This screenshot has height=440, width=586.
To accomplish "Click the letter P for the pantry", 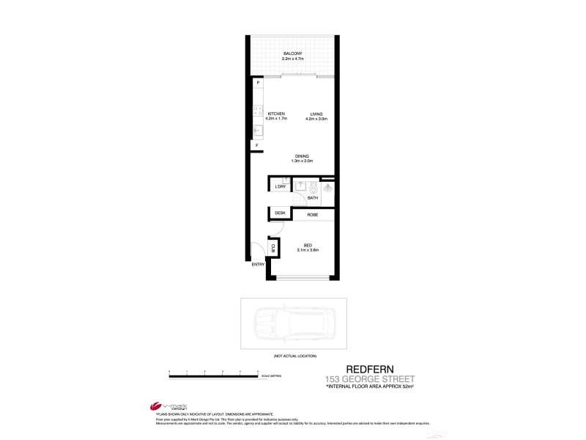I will tap(258, 83).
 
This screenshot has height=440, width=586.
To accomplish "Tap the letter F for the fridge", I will tap(257, 145).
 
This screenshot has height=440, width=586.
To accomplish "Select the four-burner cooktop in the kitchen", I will tap(257, 112).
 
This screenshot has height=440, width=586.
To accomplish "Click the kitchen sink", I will tap(257, 132).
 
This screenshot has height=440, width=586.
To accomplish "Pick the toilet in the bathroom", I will tap(314, 186).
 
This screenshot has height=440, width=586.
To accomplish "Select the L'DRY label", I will tap(280, 188).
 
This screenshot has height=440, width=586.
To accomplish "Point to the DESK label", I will tap(280, 213).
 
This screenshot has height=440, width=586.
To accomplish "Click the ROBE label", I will tap(312, 214).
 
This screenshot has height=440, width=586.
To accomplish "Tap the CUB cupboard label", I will tap(274, 248).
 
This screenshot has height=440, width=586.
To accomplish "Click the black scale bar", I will tap(214, 377).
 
